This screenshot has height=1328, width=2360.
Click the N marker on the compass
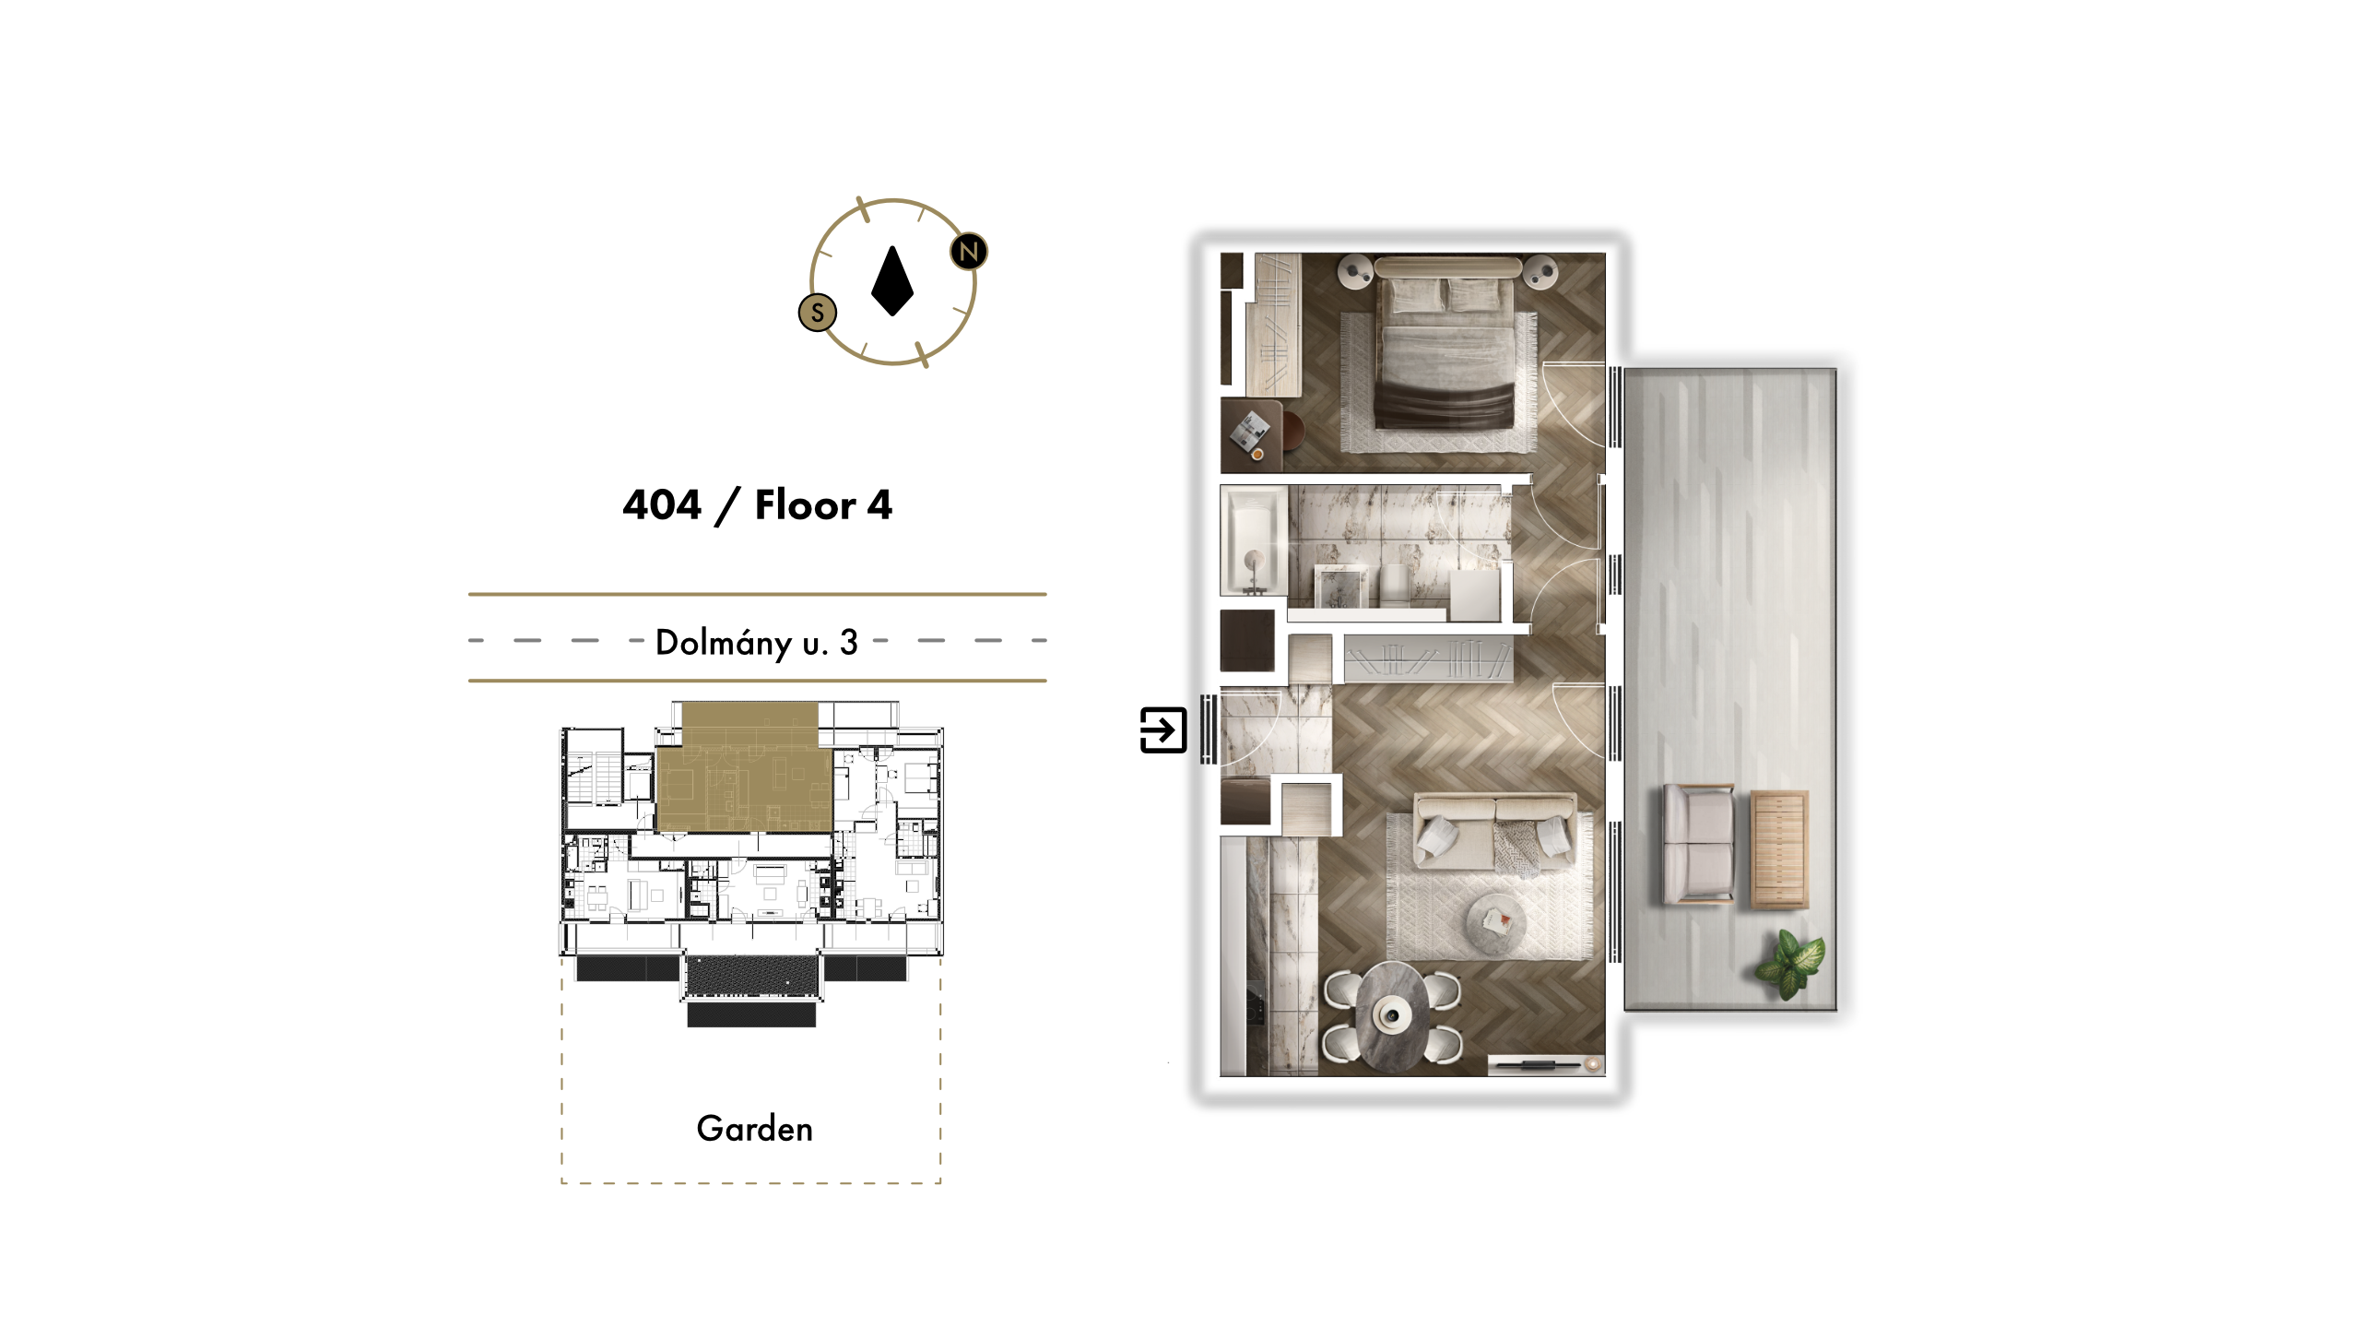pyautogui.click(x=968, y=251)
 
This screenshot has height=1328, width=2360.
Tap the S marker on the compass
pyautogui.click(x=817, y=313)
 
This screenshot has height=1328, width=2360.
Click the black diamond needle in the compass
pyautogui.click(x=891, y=280)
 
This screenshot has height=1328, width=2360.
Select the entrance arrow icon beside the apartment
pyautogui.click(x=1163, y=730)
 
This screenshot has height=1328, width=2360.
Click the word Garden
pyautogui.click(x=755, y=1129)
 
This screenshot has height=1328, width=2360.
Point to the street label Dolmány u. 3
pyautogui.click(x=757, y=642)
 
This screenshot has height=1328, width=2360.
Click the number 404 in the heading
pyautogui.click(x=662, y=505)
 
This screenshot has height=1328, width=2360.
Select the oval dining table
pyautogui.click(x=1392, y=1014)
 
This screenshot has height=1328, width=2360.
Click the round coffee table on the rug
pyautogui.click(x=1495, y=920)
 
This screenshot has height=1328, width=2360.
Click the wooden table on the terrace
pyautogui.click(x=1779, y=848)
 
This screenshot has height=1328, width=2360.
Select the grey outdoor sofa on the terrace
pyautogui.click(x=1698, y=843)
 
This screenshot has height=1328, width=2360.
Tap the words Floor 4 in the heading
pyautogui.click(x=823, y=505)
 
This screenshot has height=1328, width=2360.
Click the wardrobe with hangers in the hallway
pyautogui.click(x=1428, y=658)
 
